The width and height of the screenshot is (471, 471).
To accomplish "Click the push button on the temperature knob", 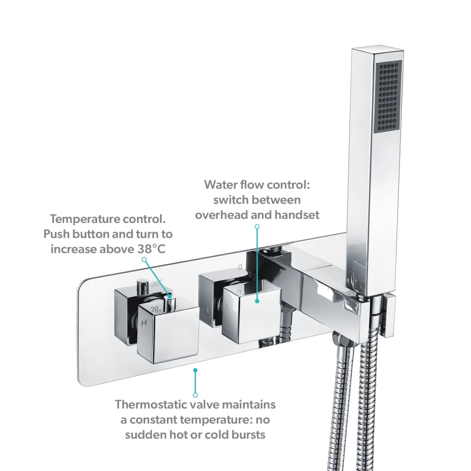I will coord(141,285).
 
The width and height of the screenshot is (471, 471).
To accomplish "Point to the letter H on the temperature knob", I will coord(144,323).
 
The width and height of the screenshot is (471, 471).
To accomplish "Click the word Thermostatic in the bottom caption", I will coord(149,405).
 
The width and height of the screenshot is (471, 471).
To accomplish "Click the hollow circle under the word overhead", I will coord(257,226).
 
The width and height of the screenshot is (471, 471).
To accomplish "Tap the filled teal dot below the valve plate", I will coord(195,370).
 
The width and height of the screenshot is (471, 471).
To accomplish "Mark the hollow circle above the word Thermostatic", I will coord(195,394).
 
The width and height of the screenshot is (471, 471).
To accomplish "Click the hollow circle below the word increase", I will coord(144,259).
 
